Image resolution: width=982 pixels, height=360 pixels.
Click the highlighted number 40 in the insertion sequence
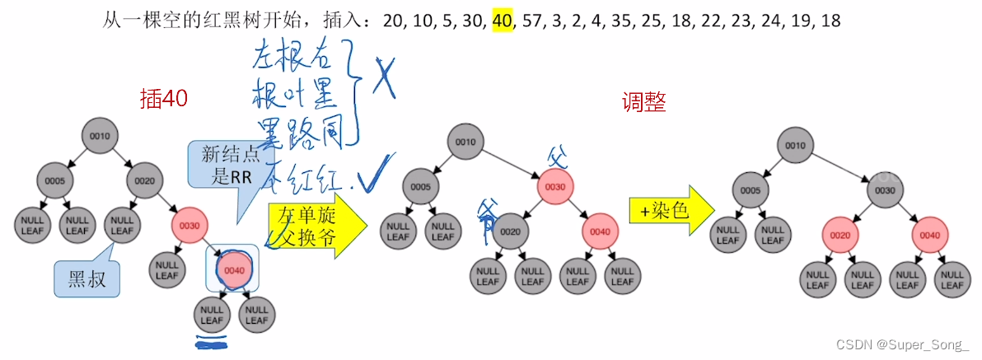coord(503,21)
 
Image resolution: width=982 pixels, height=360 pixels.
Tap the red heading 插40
coord(164,99)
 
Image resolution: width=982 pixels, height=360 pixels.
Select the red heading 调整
coord(643,102)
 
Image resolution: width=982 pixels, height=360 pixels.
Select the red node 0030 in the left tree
coord(189,226)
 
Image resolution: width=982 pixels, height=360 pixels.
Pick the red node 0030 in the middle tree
coord(554,186)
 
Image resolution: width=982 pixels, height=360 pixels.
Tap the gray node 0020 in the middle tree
coord(510,231)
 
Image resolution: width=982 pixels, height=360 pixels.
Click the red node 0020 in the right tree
coord(840,236)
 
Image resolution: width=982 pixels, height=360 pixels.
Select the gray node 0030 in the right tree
coord(885,189)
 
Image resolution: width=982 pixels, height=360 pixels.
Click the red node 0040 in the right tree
coord(929,236)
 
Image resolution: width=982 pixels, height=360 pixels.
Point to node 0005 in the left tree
coord(56,180)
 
